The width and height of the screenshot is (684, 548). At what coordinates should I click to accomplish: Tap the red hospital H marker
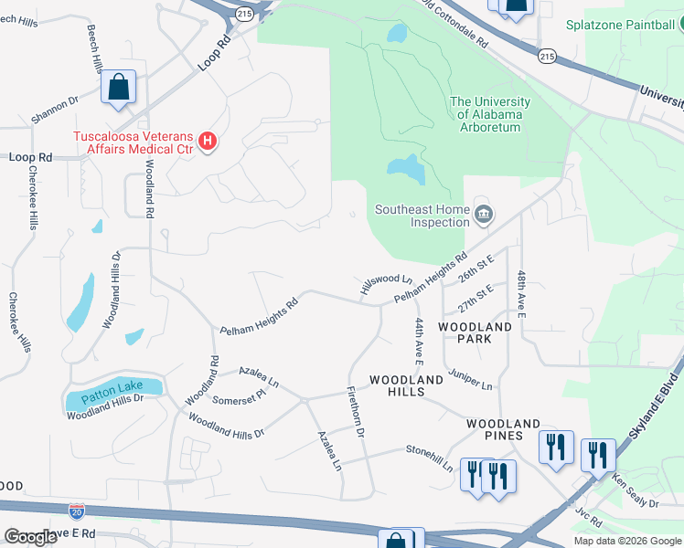tap(208, 142)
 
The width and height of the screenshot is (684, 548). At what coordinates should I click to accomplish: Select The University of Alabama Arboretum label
tap(486, 115)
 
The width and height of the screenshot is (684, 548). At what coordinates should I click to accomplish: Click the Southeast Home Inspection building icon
tap(484, 216)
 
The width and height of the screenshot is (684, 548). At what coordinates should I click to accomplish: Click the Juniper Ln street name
tap(470, 379)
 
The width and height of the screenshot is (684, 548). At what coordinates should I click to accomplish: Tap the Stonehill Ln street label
tap(430, 457)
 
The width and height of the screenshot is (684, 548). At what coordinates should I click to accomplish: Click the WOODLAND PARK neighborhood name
tap(475, 332)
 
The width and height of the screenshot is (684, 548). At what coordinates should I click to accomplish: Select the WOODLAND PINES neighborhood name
tap(503, 424)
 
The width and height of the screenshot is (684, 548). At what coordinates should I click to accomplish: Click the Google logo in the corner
tap(30, 537)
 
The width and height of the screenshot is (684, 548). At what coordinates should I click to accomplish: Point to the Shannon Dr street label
tap(55, 111)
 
